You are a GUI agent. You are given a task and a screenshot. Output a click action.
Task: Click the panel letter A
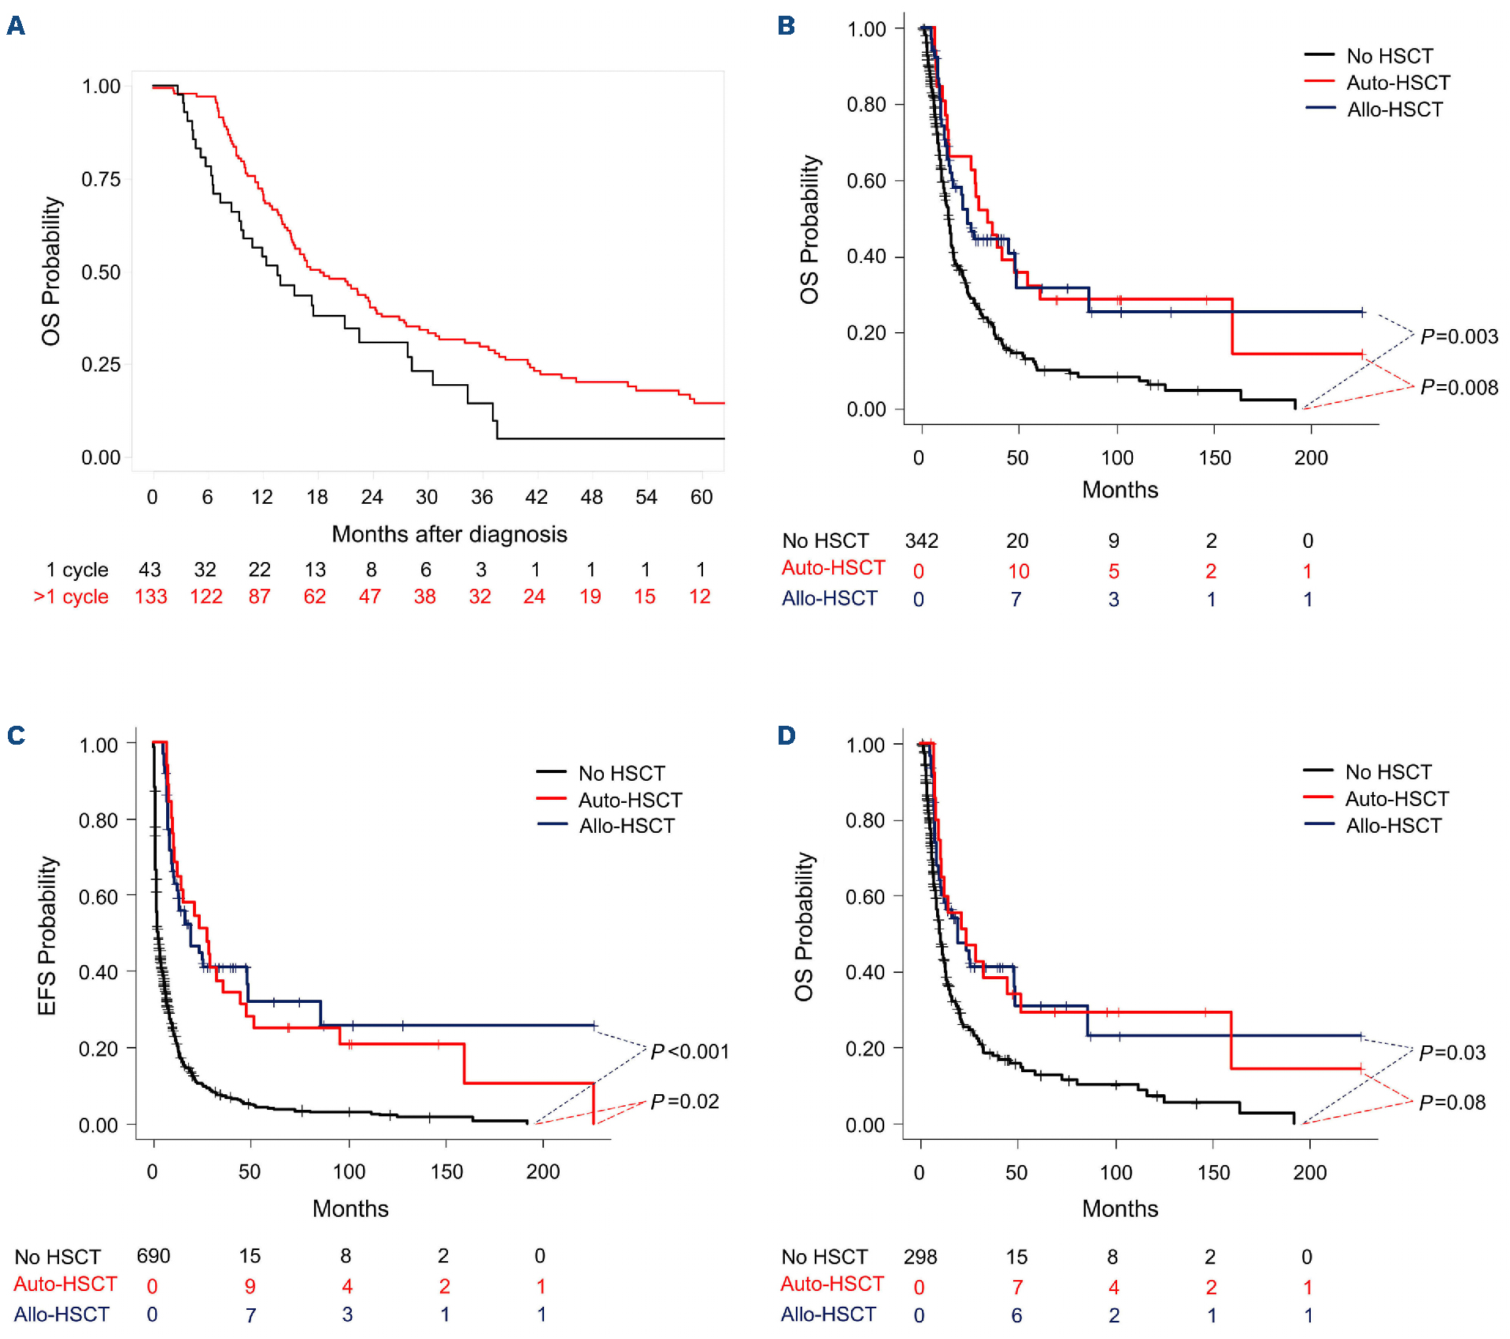[x=16, y=26]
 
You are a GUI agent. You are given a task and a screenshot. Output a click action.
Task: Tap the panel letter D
[x=786, y=735]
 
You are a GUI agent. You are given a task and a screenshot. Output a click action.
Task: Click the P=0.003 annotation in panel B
[x=1458, y=337]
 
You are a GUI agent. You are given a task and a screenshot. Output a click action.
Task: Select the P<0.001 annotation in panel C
[x=690, y=1052]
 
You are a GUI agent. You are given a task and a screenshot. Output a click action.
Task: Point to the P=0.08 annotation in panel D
[x=1452, y=1102]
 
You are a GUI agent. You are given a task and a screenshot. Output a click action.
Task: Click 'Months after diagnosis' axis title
[x=449, y=534]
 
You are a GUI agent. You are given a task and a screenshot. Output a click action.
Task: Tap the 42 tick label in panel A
[x=536, y=497]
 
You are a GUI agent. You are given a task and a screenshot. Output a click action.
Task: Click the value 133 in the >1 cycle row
[x=150, y=597]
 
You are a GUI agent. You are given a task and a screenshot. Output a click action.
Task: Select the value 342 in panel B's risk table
[x=921, y=541]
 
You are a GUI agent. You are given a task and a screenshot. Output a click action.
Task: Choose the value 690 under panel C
[x=154, y=1256]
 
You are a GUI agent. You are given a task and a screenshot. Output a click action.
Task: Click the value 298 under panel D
[x=920, y=1256]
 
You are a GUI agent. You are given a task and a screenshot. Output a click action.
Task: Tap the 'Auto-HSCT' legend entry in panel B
[x=1397, y=83]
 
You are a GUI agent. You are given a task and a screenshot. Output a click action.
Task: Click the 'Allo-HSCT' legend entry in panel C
[x=627, y=826]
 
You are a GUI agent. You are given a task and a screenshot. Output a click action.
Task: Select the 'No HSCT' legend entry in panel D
[x=1388, y=771]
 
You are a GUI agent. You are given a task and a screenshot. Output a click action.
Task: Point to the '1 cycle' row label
[x=77, y=569]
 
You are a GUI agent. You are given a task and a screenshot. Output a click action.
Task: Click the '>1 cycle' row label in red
[x=71, y=597]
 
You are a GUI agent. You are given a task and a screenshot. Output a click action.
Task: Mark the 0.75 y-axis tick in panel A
[x=101, y=179]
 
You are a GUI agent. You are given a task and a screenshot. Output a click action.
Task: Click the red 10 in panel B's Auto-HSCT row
[x=1018, y=571]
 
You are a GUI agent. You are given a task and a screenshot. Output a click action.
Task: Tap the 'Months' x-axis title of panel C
[x=350, y=1208]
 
